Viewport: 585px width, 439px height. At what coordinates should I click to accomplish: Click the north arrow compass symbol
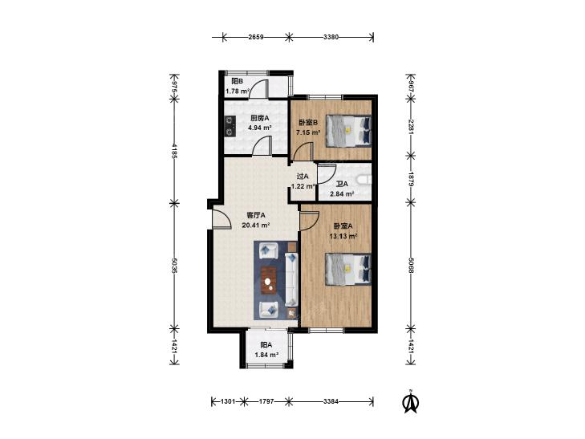tap(411, 402)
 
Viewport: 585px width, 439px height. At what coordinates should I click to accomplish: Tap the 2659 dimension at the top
tap(256, 37)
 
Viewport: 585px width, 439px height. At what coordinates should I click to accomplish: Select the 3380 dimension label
tap(331, 37)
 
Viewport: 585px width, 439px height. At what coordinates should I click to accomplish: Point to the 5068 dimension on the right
tap(411, 265)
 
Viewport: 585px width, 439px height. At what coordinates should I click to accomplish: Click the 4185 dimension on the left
tap(173, 151)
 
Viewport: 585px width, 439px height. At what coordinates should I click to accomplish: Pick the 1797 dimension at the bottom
tap(266, 401)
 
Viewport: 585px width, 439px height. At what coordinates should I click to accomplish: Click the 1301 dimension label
tap(228, 401)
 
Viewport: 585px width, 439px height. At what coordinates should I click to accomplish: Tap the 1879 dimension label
tap(411, 180)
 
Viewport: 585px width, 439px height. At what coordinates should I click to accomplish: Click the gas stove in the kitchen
tap(230, 126)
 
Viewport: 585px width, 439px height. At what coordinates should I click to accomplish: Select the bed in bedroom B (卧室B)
tap(349, 131)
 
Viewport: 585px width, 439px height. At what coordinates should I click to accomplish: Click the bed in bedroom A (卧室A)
tap(348, 270)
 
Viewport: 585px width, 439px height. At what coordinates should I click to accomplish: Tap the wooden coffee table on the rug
tap(269, 280)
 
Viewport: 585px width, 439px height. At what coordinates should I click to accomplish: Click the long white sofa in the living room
tap(291, 278)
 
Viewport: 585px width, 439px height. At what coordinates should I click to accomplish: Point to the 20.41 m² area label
tap(256, 225)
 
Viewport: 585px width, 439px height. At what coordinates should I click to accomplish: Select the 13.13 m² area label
tap(343, 236)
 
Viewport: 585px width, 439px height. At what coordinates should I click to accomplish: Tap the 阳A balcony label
tap(266, 345)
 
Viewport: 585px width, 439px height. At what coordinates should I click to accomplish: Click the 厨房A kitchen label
tap(260, 118)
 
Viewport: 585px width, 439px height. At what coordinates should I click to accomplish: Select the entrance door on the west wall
tap(220, 218)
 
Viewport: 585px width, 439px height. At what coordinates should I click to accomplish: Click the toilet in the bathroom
tap(364, 180)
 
